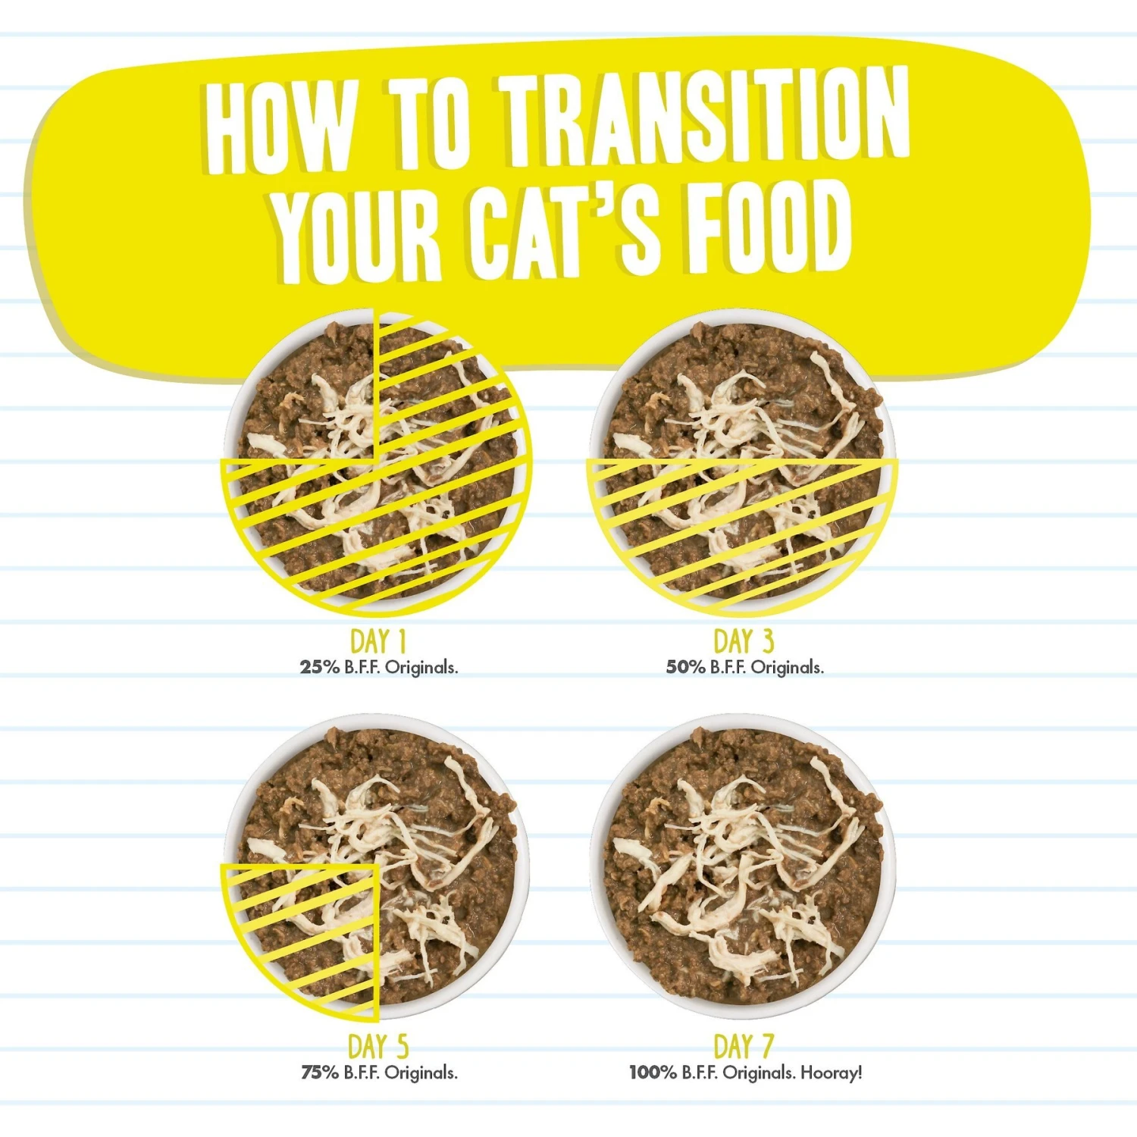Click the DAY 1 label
click(x=378, y=641)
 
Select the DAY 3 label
click(x=744, y=641)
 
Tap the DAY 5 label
click(x=378, y=1047)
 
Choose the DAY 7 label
click(x=744, y=1047)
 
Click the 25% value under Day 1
click(x=319, y=668)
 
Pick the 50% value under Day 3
click(x=685, y=668)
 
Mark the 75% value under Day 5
click(x=319, y=1073)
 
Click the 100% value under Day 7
click(x=653, y=1073)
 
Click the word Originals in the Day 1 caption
click(x=421, y=668)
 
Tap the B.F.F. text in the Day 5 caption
click(x=362, y=1073)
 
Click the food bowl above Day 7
click(x=743, y=864)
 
